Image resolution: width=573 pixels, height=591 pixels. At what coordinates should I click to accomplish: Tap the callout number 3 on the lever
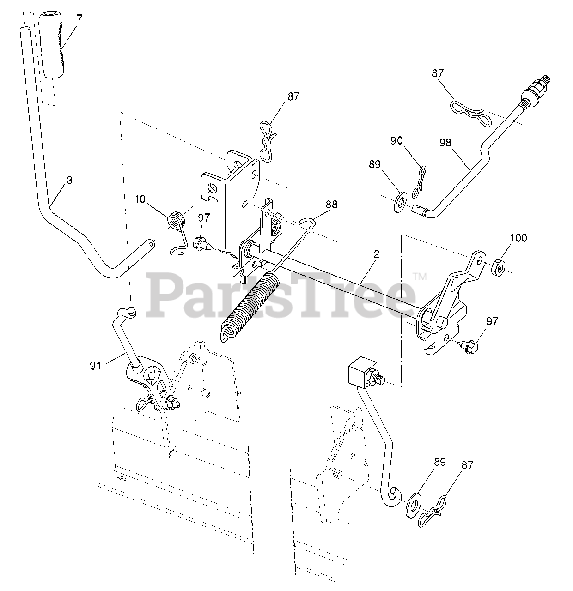pyautogui.click(x=69, y=181)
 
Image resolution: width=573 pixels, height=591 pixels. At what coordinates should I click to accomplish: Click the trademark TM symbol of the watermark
pyautogui.click(x=419, y=277)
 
